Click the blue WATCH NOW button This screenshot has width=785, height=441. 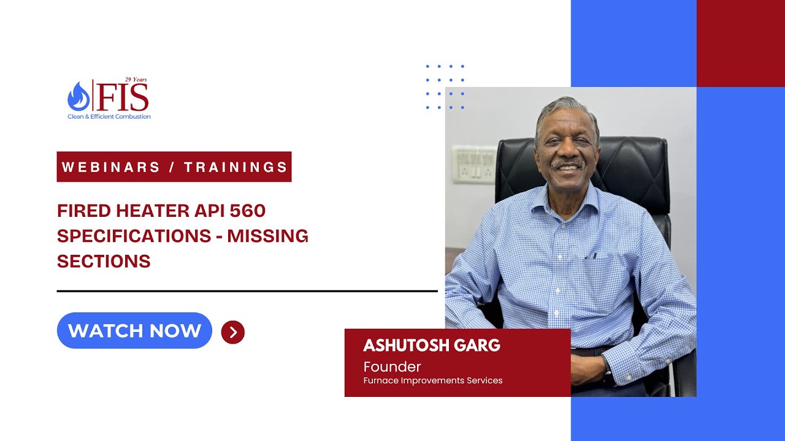[x=134, y=331]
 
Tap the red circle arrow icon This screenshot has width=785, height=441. [x=233, y=332]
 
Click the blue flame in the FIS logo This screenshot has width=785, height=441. [x=78, y=97]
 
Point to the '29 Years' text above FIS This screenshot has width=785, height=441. [x=136, y=80]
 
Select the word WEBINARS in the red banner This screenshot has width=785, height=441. [x=111, y=167]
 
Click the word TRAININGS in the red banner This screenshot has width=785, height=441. [x=236, y=167]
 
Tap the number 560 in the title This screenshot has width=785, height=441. [x=248, y=211]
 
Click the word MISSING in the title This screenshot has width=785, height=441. [x=268, y=236]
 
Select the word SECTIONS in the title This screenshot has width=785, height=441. [x=104, y=261]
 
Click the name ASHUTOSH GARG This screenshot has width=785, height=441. [x=432, y=345]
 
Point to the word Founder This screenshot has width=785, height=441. [x=392, y=367]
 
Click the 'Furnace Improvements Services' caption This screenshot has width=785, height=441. [x=432, y=380]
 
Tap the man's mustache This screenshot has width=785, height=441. [x=567, y=163]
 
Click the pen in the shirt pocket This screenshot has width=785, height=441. [x=590, y=255]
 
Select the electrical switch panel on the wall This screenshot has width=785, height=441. [x=473, y=164]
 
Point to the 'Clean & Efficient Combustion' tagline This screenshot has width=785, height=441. [x=109, y=116]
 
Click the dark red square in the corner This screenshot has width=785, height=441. [x=740, y=43]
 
